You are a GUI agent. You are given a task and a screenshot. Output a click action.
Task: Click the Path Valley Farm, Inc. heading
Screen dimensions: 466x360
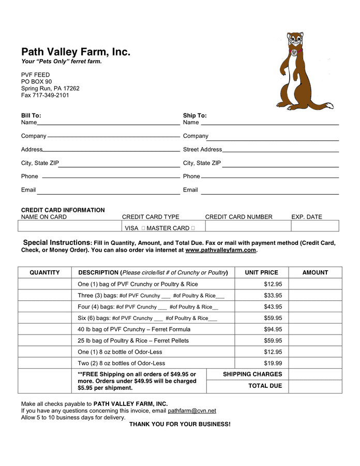[76, 52]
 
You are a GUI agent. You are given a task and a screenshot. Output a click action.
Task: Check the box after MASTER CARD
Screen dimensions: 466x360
[193, 228]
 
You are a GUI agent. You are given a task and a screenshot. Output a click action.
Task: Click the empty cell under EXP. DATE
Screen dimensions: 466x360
[314, 226]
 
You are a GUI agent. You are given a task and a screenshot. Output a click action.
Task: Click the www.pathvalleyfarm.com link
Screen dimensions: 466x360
[220, 250]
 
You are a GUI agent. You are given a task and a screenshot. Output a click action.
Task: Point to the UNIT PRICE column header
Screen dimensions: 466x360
[261, 272]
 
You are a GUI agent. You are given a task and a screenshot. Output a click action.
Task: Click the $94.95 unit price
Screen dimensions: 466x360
[273, 329]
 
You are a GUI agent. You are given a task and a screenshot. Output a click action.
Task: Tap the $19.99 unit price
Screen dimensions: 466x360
[273, 363]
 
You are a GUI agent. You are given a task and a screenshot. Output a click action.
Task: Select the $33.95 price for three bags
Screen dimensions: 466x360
[273, 296]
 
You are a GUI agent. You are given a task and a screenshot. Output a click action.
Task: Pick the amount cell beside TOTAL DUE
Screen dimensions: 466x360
[315, 386]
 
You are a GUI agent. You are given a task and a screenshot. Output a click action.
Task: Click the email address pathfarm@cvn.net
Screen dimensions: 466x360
[192, 411]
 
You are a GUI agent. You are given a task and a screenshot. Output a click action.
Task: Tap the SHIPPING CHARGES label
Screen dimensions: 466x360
[252, 374]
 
